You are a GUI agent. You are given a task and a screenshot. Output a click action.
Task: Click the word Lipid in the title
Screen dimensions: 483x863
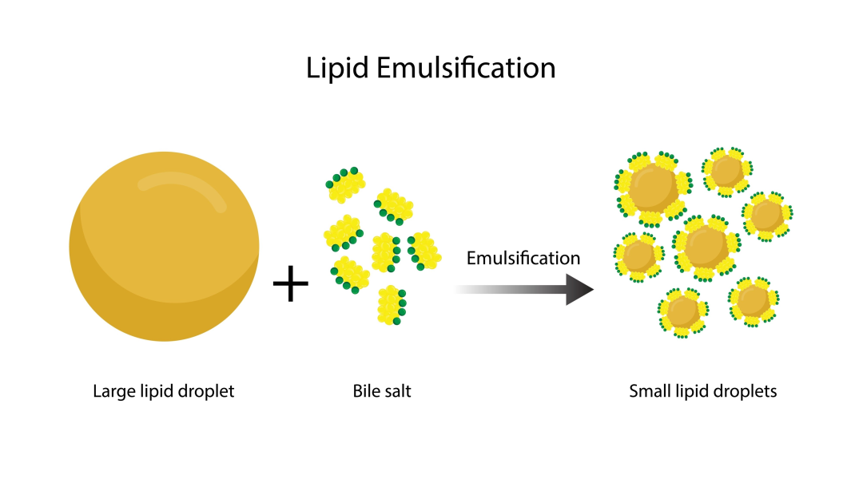click(x=337, y=68)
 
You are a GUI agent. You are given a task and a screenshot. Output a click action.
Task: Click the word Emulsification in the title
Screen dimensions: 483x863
click(x=464, y=68)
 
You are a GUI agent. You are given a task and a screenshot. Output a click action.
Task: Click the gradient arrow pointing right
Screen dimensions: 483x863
click(x=527, y=288)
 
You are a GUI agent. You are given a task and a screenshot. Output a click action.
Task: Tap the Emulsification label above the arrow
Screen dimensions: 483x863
click(x=523, y=258)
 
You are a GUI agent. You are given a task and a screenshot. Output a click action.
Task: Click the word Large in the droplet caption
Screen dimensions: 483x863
click(x=111, y=391)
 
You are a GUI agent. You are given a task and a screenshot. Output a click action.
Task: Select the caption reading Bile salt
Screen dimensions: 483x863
click(x=382, y=391)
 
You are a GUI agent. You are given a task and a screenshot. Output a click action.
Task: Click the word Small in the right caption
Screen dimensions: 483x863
click(x=647, y=391)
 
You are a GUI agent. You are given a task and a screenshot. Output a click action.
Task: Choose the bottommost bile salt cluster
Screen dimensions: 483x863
click(x=392, y=303)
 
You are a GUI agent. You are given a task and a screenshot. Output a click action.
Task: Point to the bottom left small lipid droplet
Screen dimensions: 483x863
click(x=682, y=311)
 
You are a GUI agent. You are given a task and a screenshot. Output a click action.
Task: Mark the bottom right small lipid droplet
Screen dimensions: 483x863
click(x=752, y=301)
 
